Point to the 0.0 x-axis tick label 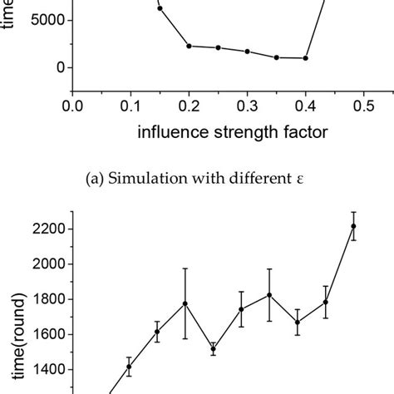pos(73,106)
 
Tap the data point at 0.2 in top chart pos(190,46)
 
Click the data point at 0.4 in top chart pos(306,58)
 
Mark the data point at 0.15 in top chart pos(160,8)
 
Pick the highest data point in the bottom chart pos(353,226)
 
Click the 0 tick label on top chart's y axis pos(57,67)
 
